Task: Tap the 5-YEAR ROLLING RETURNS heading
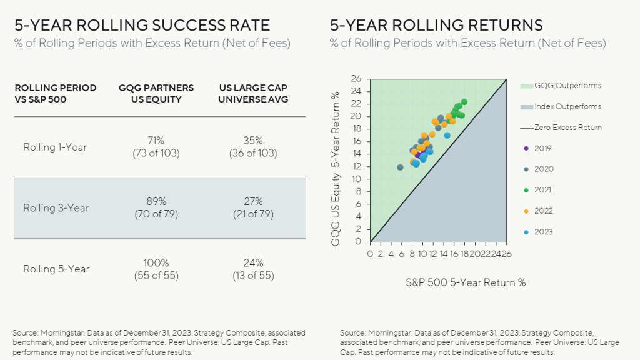(x=436, y=25)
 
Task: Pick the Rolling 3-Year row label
(x=56, y=208)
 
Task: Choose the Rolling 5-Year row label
(x=56, y=269)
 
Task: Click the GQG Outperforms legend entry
(x=559, y=86)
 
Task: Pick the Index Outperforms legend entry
(x=559, y=107)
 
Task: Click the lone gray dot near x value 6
(x=400, y=167)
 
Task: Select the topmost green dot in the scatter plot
(x=464, y=102)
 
